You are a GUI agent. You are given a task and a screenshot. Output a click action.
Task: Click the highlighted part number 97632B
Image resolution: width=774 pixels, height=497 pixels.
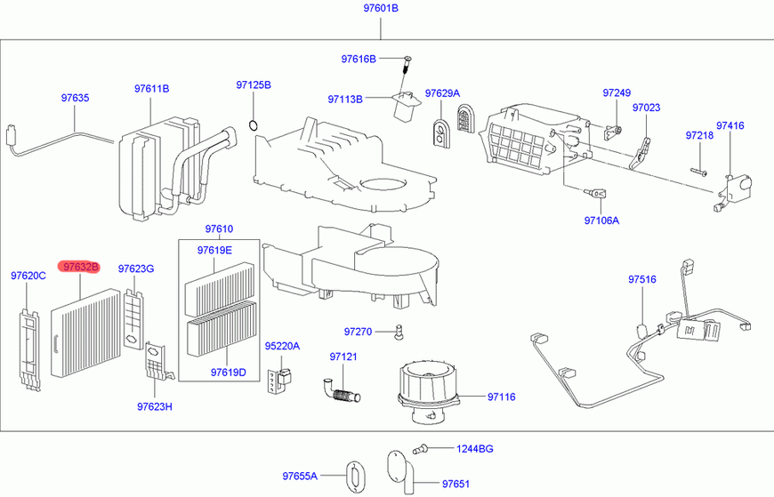79,267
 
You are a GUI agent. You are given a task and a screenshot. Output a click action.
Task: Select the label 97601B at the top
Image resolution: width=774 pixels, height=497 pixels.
381,8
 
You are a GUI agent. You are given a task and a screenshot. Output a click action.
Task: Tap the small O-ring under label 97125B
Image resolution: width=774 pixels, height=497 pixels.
254,125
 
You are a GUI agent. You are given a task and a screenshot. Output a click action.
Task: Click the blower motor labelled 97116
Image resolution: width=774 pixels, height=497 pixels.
428,392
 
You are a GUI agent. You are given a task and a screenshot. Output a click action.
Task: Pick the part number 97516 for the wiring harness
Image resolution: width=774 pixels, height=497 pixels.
642,279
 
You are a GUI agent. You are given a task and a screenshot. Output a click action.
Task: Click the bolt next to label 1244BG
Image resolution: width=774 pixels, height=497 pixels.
420,449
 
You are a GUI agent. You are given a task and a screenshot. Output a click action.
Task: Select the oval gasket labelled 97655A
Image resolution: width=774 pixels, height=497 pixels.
355,477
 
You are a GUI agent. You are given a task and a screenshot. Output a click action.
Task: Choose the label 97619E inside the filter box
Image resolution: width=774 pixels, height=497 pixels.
214,250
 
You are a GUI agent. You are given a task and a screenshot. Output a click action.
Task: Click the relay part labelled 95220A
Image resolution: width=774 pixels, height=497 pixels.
279,381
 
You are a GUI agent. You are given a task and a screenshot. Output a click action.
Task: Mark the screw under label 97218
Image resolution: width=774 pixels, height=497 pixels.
698,172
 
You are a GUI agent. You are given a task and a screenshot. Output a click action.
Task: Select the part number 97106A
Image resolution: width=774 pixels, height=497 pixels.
601,220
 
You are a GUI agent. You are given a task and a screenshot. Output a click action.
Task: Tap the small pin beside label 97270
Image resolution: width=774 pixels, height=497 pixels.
398,332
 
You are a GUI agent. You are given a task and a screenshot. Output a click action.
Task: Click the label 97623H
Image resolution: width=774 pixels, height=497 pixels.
155,406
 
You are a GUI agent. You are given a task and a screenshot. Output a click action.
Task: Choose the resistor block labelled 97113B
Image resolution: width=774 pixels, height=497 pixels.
405,105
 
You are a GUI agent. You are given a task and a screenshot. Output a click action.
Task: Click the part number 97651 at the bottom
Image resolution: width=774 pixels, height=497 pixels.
456,485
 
